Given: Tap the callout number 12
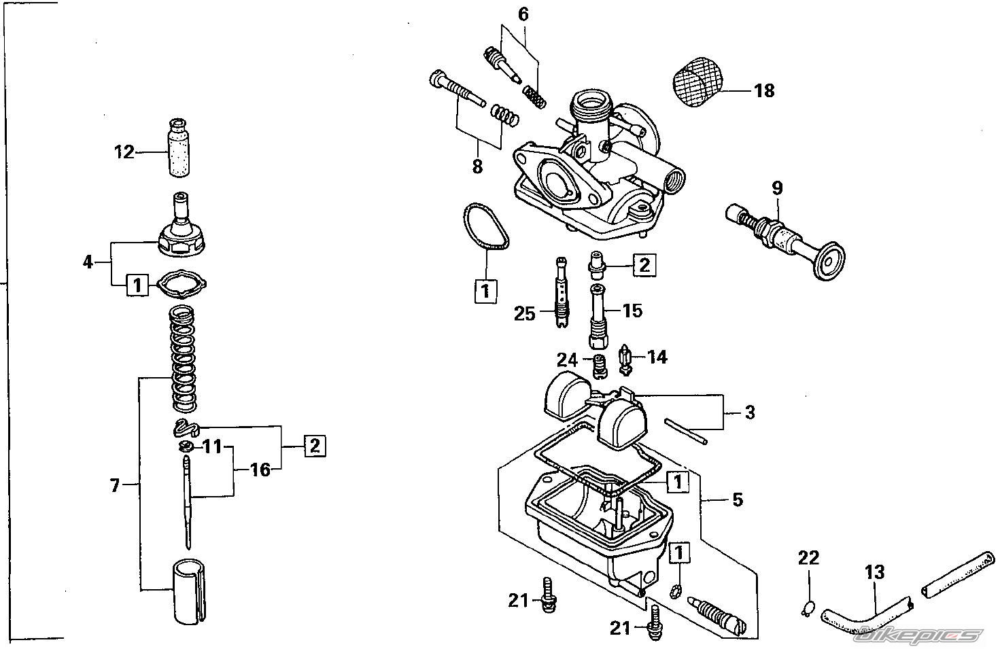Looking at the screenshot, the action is (124, 152).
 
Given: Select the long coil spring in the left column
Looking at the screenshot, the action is (184, 358).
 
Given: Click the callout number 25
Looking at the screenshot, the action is (524, 313).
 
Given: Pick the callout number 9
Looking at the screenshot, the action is (777, 188).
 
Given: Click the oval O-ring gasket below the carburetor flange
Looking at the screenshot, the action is (486, 226).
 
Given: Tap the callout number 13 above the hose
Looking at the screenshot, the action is (874, 572).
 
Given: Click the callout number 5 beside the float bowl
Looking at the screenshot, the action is (738, 499).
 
